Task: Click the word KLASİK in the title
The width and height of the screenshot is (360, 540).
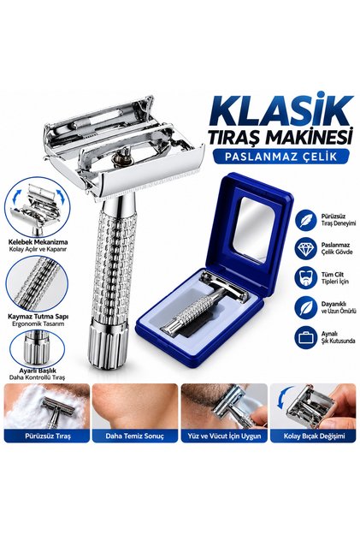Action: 280,110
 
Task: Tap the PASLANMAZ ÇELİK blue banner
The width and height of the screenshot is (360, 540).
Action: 280,156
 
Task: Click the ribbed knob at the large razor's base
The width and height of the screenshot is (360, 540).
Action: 108,342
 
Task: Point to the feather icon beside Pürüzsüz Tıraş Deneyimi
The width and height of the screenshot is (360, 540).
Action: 305,220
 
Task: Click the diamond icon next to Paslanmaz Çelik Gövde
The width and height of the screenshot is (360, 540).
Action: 305,249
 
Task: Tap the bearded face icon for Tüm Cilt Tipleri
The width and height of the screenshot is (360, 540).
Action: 305,277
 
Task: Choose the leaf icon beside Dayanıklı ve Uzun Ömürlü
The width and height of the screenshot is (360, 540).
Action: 305,307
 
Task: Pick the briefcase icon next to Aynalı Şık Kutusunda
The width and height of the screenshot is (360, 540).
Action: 305,337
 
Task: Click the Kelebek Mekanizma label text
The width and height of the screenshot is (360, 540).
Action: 38,242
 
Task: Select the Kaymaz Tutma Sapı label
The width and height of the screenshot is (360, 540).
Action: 38,317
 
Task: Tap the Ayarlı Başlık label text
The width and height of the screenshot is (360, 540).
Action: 38,371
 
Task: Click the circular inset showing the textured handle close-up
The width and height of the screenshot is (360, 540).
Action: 37,283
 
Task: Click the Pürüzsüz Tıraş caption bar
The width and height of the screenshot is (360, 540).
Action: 47,436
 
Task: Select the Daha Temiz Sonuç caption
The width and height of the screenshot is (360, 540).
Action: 135,436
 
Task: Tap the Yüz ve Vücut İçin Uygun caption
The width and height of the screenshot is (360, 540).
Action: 224,436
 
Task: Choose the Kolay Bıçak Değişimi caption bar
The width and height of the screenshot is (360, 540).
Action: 313,436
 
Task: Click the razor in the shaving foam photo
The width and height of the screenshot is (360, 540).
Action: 57,411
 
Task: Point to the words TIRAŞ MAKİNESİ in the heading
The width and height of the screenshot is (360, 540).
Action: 280,136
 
